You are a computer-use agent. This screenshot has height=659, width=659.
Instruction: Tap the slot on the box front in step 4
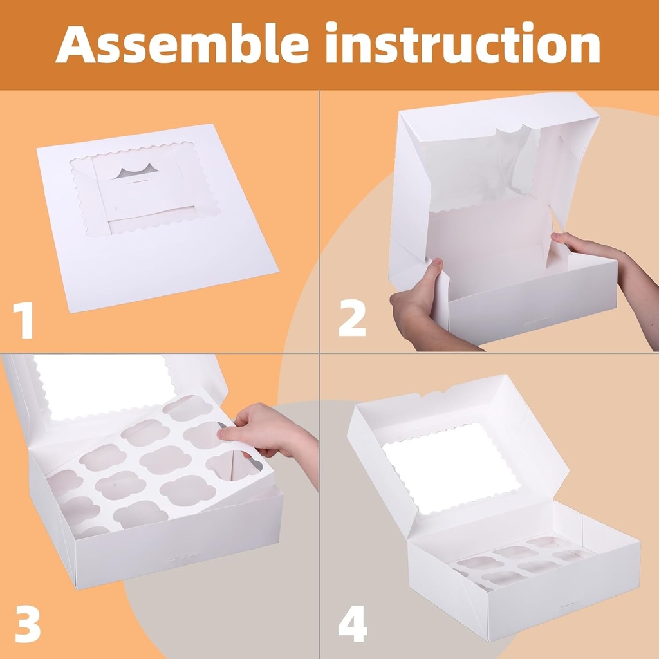569,605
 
